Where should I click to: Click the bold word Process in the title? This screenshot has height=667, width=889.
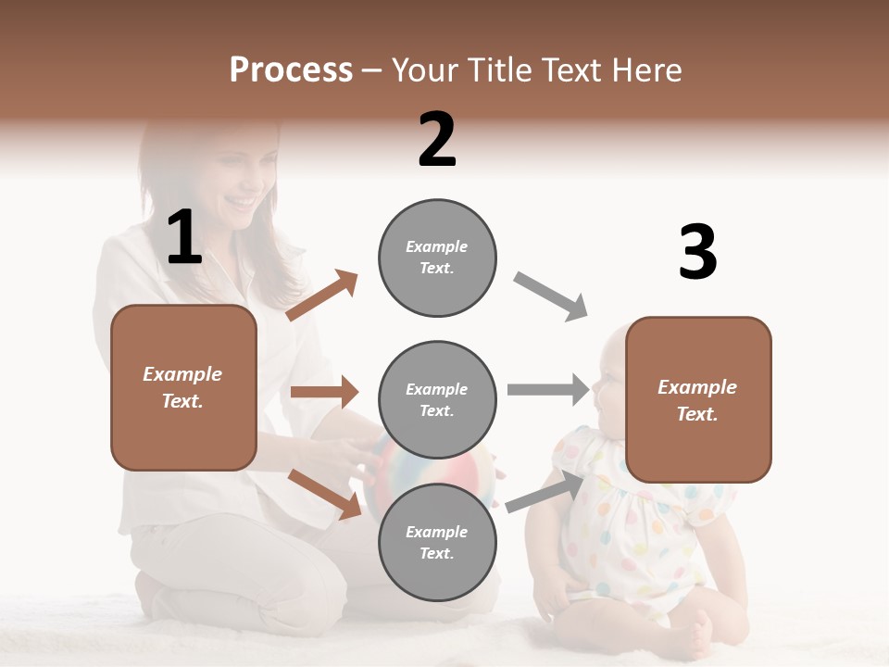pos(291,70)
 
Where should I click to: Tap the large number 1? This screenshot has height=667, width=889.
pos(184,238)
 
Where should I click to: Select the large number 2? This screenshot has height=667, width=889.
pos(437,140)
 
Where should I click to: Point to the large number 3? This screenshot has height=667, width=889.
pos(697,252)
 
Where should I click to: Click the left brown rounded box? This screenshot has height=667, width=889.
pos(183,387)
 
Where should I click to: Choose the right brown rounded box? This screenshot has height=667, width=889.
pos(698,399)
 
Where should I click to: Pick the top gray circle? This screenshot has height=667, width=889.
pos(437,258)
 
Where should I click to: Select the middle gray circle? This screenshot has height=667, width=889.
pos(437,399)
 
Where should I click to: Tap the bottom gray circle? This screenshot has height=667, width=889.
pos(437,542)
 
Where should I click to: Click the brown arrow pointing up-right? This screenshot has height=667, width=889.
pos(322,296)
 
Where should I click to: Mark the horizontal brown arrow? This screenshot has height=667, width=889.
pos(324,392)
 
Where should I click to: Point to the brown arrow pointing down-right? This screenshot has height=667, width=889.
pos(324,493)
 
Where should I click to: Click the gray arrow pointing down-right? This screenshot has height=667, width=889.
pos(551,296)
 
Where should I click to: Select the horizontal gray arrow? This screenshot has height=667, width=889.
pos(548,389)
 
